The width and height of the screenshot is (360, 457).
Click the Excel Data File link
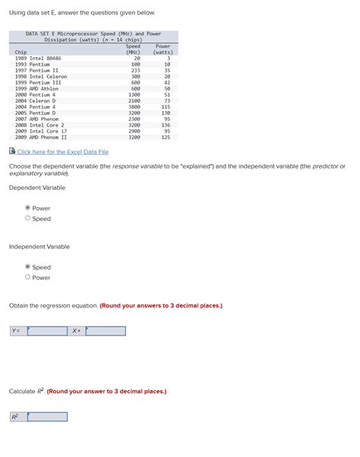(x=63, y=152)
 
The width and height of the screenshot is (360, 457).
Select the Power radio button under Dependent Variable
(x=28, y=208)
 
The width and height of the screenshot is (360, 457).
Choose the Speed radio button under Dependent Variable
(x=28, y=219)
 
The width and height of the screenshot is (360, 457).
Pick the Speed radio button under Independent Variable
(x=28, y=267)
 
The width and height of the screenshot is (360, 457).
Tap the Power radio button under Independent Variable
(x=28, y=277)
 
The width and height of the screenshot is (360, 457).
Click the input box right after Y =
(x=47, y=331)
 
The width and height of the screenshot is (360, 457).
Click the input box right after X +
(x=106, y=331)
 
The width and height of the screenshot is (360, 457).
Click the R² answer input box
(x=47, y=417)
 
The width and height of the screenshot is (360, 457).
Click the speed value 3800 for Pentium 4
(x=134, y=107)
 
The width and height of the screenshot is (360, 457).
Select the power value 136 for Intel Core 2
(x=166, y=125)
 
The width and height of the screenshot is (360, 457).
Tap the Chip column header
(x=21, y=52)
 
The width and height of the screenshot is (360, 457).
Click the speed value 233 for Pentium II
(x=135, y=71)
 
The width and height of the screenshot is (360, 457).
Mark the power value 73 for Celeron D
(x=167, y=101)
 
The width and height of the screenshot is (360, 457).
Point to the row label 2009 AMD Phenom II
(x=41, y=137)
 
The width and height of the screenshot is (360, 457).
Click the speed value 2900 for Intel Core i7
(x=134, y=131)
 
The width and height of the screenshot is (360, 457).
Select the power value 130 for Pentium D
(x=166, y=113)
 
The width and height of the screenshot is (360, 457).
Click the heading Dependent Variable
(x=36, y=188)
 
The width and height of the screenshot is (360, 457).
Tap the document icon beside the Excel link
(x=12, y=151)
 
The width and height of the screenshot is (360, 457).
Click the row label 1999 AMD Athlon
(x=36, y=89)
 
